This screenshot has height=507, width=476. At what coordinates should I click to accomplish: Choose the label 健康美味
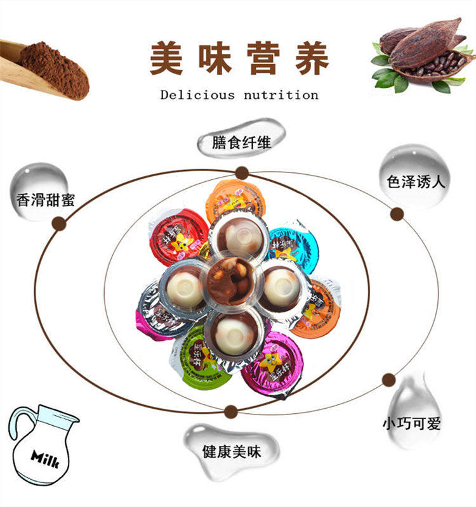pyautogui.click(x=232, y=451)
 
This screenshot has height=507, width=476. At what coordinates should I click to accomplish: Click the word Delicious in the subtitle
pyautogui.click(x=197, y=95)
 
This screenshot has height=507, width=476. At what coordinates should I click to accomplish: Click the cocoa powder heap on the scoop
pyautogui.click(x=54, y=68)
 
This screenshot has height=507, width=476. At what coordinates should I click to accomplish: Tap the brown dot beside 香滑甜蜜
pyautogui.click(x=59, y=222)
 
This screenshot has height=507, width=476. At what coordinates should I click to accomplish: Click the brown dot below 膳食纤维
pyautogui.click(x=241, y=173)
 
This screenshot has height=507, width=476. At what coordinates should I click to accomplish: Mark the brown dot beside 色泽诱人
pyautogui.click(x=397, y=214)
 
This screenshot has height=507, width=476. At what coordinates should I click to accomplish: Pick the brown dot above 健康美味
pyautogui.click(x=231, y=411)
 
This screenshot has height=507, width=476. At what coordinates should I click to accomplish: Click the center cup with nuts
pyautogui.click(x=232, y=282)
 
